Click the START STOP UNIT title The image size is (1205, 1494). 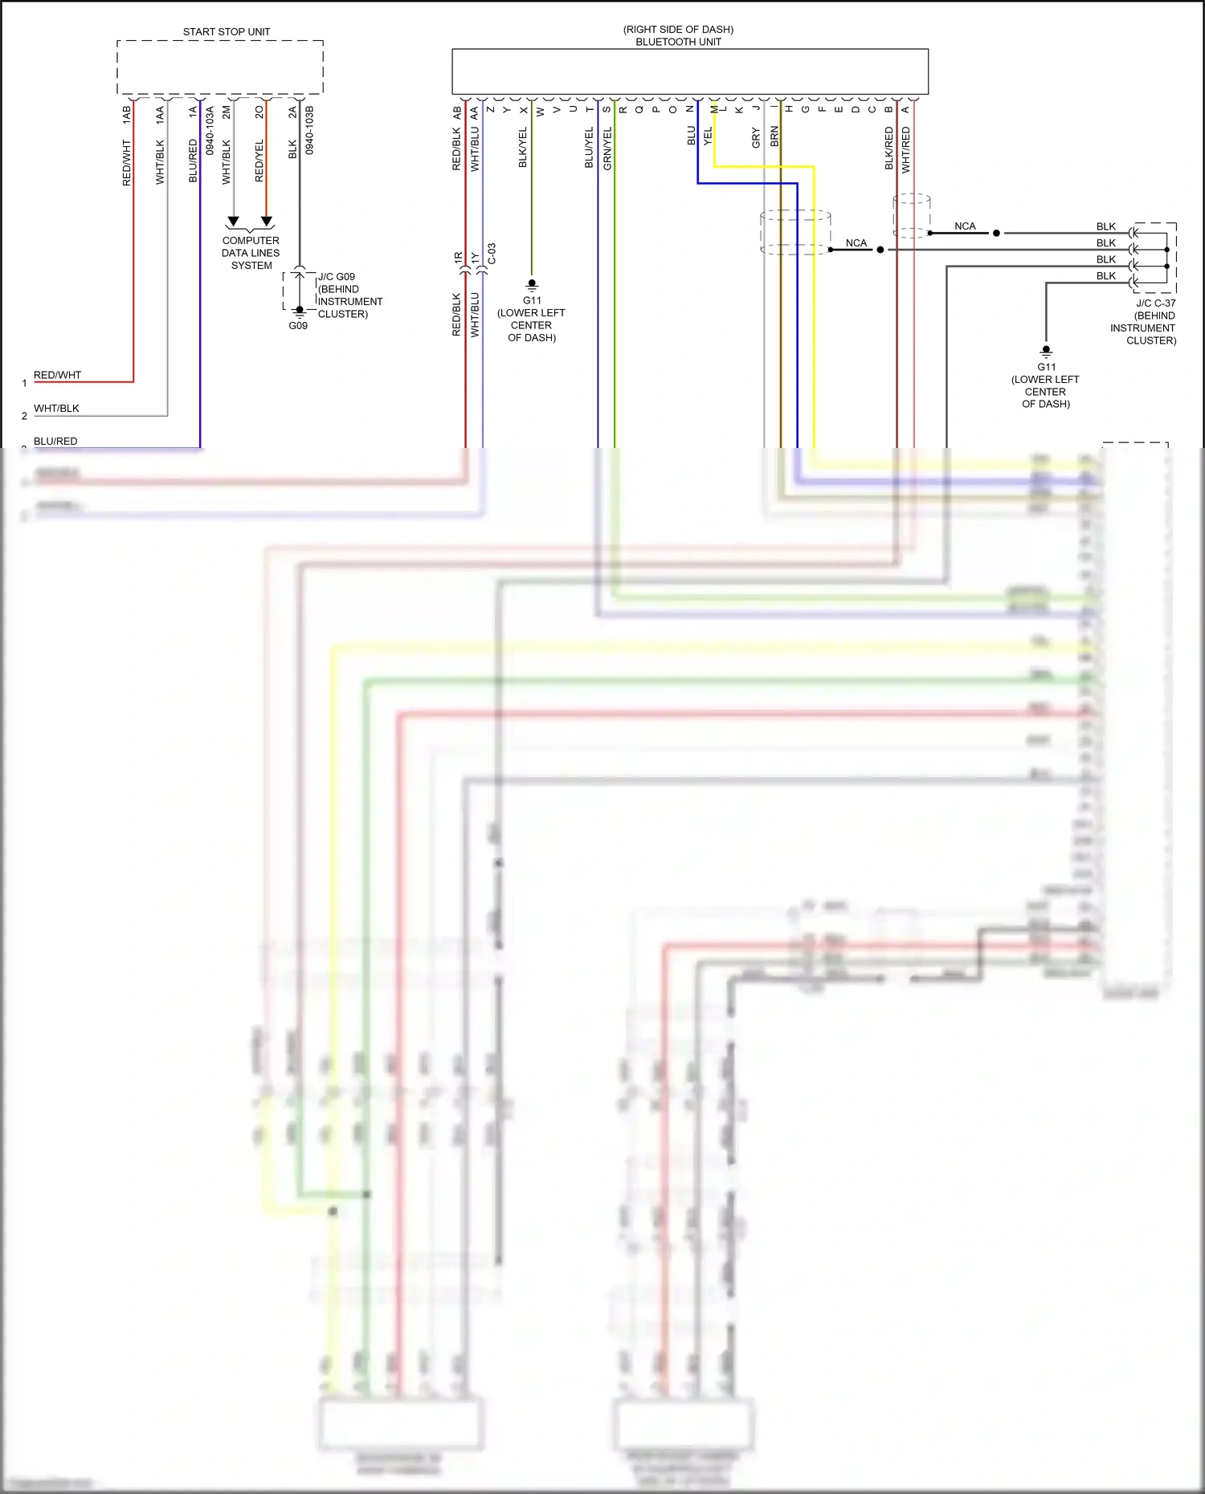[x=227, y=32]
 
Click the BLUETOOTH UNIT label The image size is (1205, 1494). [x=678, y=42]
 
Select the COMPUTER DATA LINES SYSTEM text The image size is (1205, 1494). [x=251, y=253]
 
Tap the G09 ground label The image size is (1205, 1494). [x=298, y=326]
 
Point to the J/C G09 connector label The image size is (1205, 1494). [x=337, y=277]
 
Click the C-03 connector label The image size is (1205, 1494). [x=492, y=254]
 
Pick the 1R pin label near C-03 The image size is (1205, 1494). [x=458, y=258]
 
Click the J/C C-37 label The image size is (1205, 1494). [x=1155, y=303]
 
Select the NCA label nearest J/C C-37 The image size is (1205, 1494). [x=965, y=226]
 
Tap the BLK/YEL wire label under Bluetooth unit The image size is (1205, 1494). [x=523, y=147]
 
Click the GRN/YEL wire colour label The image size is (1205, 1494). [x=607, y=148]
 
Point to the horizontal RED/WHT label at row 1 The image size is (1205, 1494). [x=57, y=375]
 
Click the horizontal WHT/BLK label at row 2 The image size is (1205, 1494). [x=56, y=408]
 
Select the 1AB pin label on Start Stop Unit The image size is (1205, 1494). [x=126, y=114]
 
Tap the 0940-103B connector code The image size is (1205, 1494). [x=310, y=130]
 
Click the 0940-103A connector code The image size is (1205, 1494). [x=210, y=130]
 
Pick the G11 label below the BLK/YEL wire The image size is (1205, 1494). [x=532, y=300]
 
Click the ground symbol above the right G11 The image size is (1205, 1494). [x=1046, y=351]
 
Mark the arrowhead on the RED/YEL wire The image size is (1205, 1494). [x=267, y=221]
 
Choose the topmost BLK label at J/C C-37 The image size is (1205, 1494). [x=1105, y=226]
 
